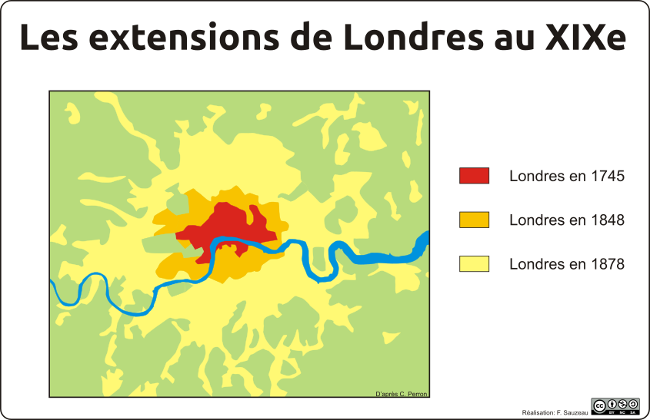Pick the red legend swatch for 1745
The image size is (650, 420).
coord(474,176)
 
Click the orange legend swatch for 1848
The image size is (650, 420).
coord(474,220)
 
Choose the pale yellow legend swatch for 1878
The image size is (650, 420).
coord(474,263)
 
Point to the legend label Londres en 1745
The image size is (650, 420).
coord(566,176)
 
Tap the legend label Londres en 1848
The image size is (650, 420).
coord(566,220)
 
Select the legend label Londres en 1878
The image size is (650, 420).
coord(566,264)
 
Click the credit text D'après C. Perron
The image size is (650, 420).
coord(401,394)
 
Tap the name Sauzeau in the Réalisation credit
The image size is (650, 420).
coord(575,412)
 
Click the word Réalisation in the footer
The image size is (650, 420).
coord(538,412)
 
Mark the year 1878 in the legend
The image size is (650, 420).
coord(608,264)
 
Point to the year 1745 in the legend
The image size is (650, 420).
coord(608,176)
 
